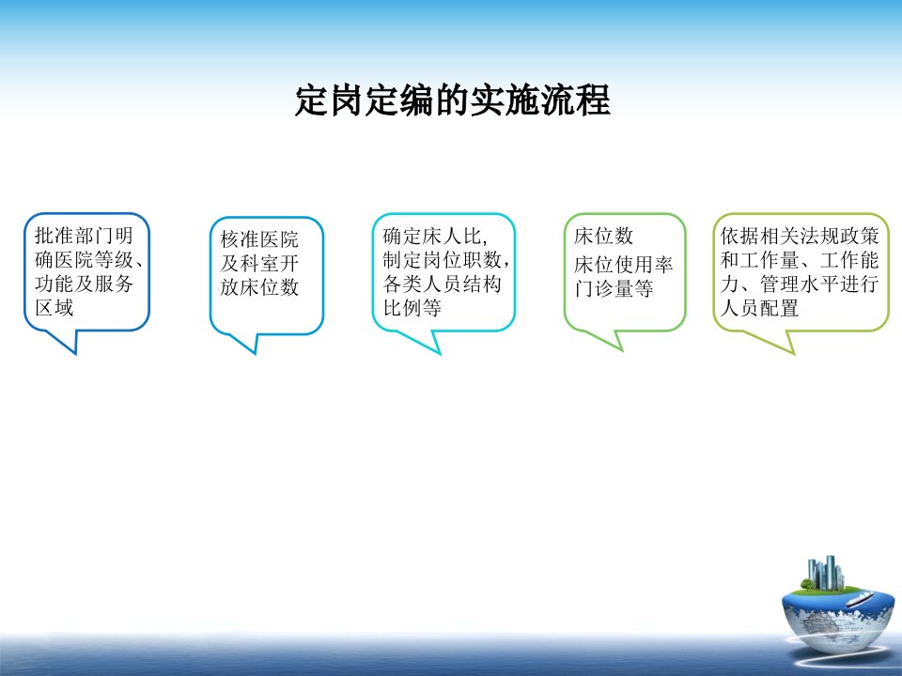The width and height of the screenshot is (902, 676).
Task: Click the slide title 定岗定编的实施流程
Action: (452, 101)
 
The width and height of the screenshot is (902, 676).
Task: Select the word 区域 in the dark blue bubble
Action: (54, 308)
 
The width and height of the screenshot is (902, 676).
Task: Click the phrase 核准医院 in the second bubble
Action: (259, 239)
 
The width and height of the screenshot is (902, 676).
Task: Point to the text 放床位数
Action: (259, 287)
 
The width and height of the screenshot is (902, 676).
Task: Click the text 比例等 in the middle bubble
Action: (412, 308)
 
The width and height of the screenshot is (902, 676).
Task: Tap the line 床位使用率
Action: (623, 265)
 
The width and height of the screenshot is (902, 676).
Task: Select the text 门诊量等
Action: (614, 288)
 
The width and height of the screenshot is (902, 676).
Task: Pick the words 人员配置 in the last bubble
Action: (759, 308)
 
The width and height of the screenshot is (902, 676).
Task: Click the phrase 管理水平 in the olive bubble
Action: (800, 284)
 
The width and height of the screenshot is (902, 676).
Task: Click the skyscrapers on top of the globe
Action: (826, 573)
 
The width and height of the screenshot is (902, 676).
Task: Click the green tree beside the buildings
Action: (808, 585)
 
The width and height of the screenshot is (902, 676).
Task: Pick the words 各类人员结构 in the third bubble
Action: (442, 284)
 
